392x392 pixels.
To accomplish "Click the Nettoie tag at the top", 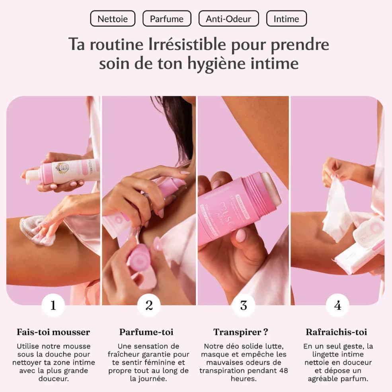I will tap(113, 19).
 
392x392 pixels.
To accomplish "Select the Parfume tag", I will tap(167, 19).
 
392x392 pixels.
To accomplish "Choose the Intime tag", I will tap(286, 19).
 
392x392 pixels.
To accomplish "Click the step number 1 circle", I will tap(53, 305).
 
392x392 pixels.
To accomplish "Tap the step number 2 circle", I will tap(149, 305).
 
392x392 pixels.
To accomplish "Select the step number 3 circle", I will tap(244, 305).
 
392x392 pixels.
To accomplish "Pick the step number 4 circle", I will tap(337, 305).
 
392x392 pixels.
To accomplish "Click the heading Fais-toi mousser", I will tap(53, 332).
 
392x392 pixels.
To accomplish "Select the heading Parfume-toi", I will tap(146, 332).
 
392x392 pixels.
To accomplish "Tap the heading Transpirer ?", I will tap(240, 332).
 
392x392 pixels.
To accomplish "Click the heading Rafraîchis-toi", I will tap(336, 332).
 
